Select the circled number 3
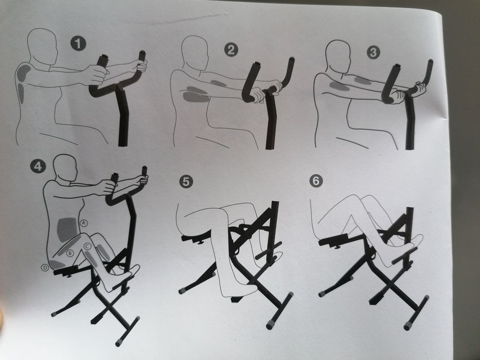(x=373, y=52)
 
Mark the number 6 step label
(x=316, y=181)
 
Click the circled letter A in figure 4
(x=84, y=222)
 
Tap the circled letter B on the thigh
(x=70, y=252)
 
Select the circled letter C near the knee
(x=87, y=247)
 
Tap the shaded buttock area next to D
(x=57, y=264)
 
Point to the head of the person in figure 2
(x=196, y=51)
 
